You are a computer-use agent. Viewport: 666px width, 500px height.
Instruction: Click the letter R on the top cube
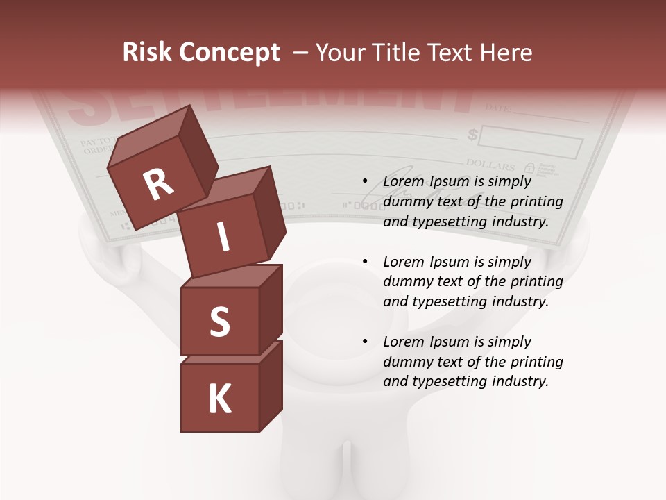158,185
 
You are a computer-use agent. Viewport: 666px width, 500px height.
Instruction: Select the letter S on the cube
219,322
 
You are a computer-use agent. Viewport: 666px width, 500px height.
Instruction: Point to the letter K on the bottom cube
220,399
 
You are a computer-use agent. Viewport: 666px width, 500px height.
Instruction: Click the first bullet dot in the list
366,182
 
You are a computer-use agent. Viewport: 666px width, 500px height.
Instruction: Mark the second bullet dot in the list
366,262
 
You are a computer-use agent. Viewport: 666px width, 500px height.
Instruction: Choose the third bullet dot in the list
366,342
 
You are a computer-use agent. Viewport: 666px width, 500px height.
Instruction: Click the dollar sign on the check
472,134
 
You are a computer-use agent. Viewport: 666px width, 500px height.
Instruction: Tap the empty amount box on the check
530,142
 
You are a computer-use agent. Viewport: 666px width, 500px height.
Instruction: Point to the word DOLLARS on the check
490,165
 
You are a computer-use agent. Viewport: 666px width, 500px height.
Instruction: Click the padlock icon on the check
529,168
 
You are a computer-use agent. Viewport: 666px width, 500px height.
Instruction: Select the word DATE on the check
497,108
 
